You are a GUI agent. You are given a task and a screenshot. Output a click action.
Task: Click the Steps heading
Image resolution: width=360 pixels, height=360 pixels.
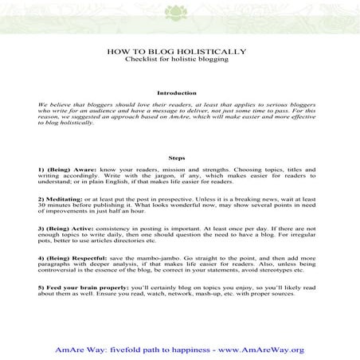[179, 157]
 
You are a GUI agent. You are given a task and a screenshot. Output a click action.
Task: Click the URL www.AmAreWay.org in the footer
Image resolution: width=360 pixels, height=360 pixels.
[270, 349]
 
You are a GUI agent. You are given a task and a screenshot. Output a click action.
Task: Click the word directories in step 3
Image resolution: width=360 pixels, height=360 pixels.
[139, 241]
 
